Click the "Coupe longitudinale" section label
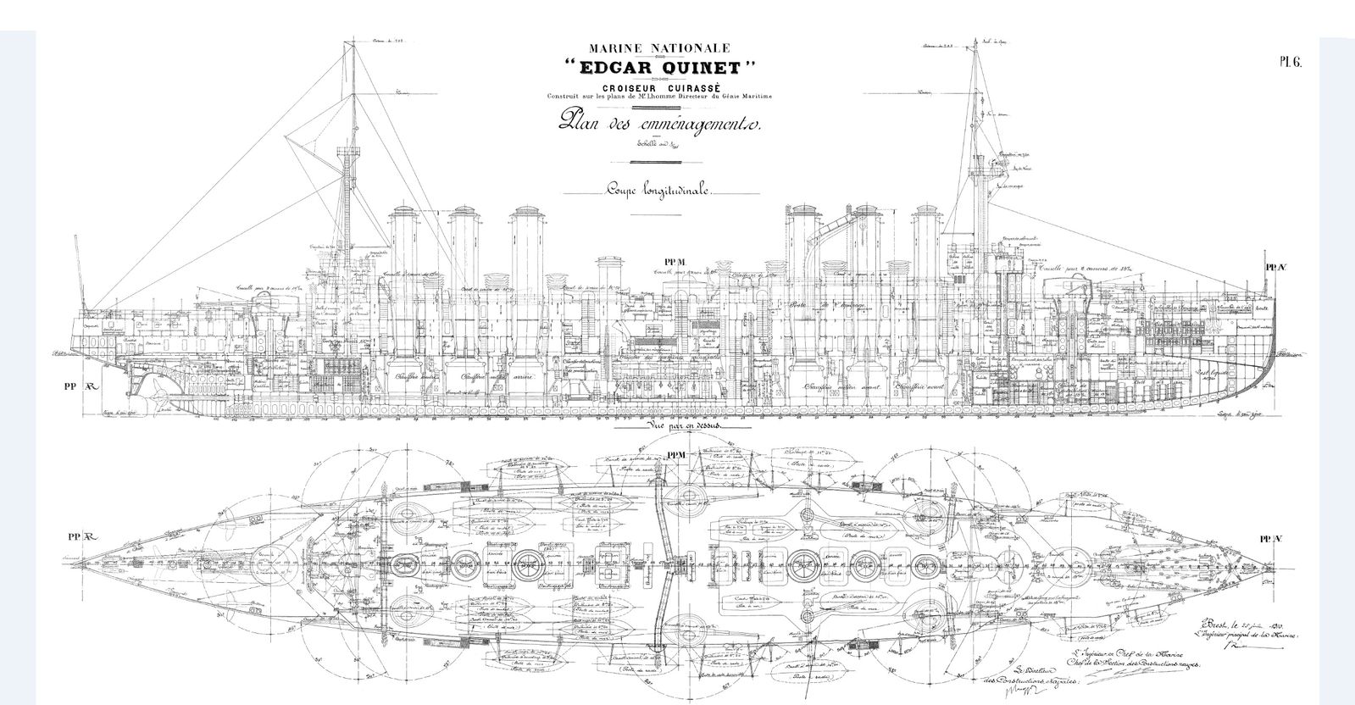click(658, 192)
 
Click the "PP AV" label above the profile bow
click(1275, 267)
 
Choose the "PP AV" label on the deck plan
click(1271, 538)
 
